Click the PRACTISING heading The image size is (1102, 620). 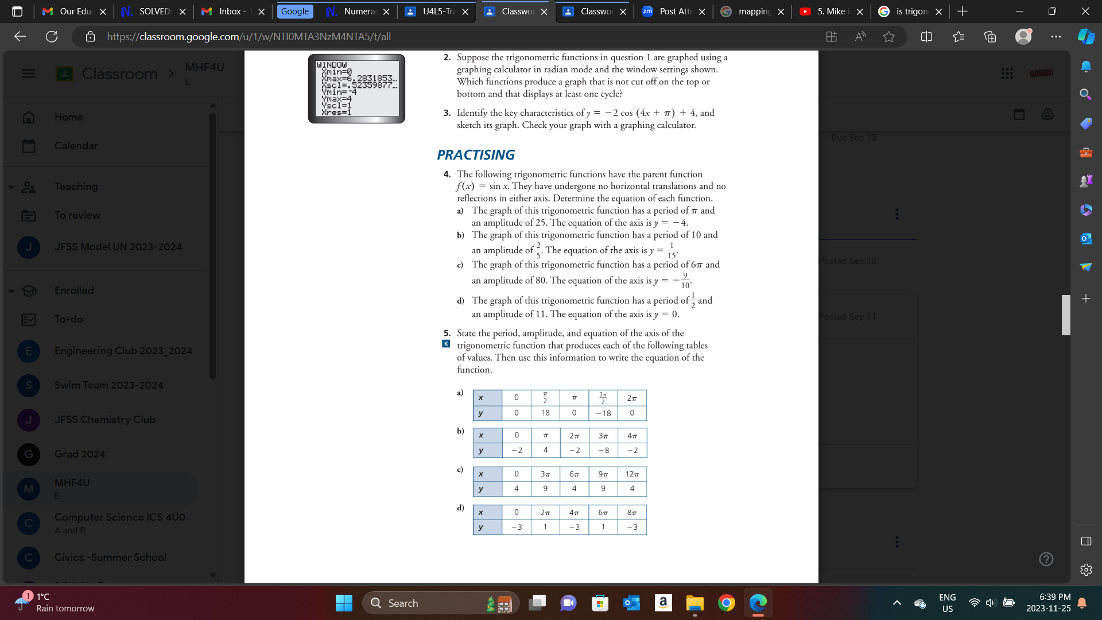[x=475, y=155]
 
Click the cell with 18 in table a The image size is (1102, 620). [x=545, y=413]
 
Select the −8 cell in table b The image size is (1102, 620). [x=603, y=451]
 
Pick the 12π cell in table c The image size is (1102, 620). [x=632, y=474]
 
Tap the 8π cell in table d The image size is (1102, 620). [x=632, y=513]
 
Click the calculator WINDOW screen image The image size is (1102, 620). [x=356, y=88]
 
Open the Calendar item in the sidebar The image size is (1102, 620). [x=76, y=146]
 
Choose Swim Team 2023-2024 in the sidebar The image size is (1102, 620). [x=108, y=385]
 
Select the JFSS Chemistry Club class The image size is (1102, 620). [x=104, y=420]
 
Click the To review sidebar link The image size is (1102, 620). [x=77, y=215]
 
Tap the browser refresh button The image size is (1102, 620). [x=52, y=37]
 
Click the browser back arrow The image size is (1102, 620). [x=20, y=37]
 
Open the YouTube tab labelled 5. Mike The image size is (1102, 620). [x=830, y=11]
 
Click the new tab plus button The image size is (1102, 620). [x=963, y=11]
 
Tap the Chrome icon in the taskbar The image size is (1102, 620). [x=726, y=603]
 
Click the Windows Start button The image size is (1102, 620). [x=344, y=603]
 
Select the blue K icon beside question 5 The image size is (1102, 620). [x=446, y=344]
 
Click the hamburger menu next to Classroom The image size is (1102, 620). [x=29, y=73]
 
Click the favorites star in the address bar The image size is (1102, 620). [x=889, y=37]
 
